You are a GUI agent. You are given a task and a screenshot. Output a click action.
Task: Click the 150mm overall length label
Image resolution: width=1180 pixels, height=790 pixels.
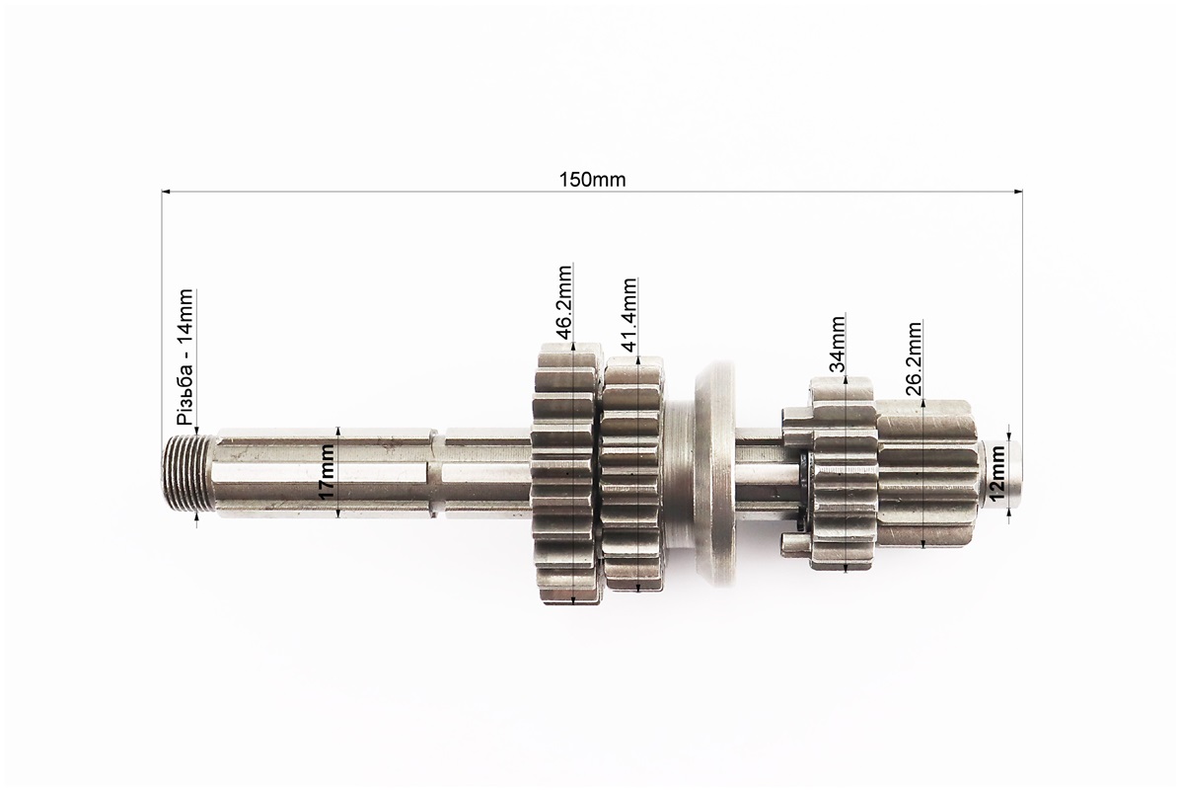[592, 180]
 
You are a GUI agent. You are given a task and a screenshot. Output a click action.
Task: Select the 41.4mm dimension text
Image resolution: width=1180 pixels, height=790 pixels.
[629, 314]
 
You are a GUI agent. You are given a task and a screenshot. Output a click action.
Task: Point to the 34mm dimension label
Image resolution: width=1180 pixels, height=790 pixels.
[837, 344]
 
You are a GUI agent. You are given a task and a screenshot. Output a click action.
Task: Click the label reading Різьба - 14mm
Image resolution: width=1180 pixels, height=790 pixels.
[185, 356]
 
